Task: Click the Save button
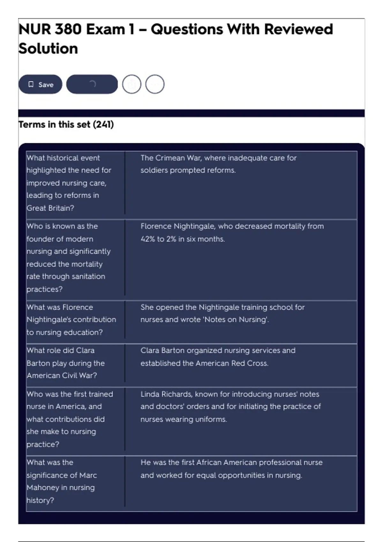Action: coord(40,84)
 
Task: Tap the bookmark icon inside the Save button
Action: coord(31,84)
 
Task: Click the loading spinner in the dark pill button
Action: coord(92,84)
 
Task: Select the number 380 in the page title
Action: coord(68,29)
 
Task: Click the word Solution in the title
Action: coord(48,49)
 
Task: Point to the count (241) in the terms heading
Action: coord(103,124)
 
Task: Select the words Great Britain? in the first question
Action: coord(50,208)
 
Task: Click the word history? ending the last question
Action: coord(40,500)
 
